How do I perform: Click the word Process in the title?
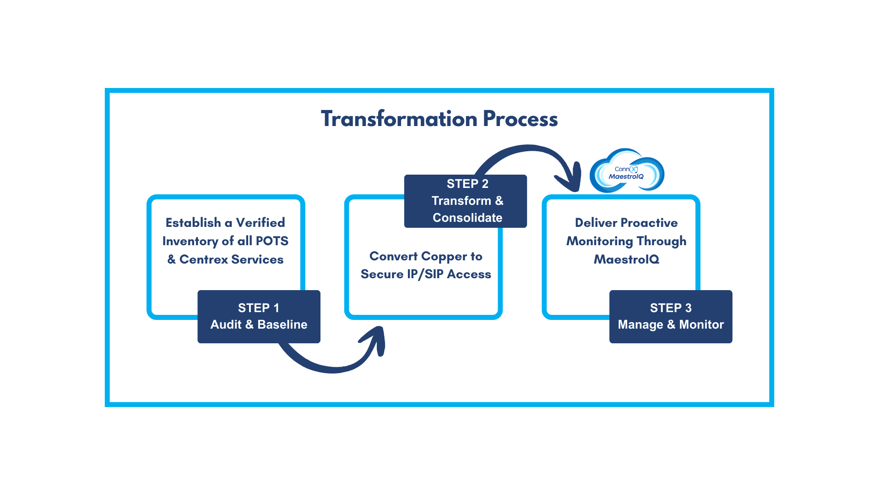520,119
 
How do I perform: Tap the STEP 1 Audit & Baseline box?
259,316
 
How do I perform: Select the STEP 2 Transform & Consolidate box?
466,201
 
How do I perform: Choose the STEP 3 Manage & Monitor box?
671,316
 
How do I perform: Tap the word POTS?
272,241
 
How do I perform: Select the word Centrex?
203,259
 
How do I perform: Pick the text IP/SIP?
425,274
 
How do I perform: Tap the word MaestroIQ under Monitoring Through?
626,259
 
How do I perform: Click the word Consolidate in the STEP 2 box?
467,218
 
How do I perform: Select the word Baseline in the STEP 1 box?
282,324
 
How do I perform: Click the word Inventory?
190,241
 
